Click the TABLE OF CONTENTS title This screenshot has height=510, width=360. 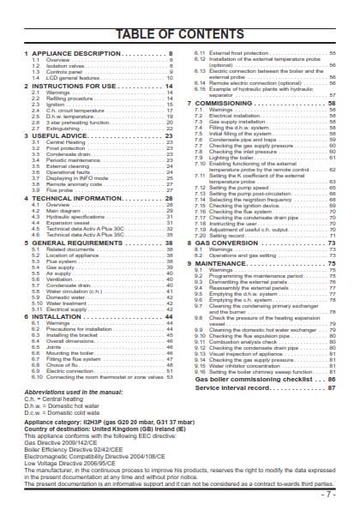(179, 33)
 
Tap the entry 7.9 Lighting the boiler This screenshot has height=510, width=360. (227, 157)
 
